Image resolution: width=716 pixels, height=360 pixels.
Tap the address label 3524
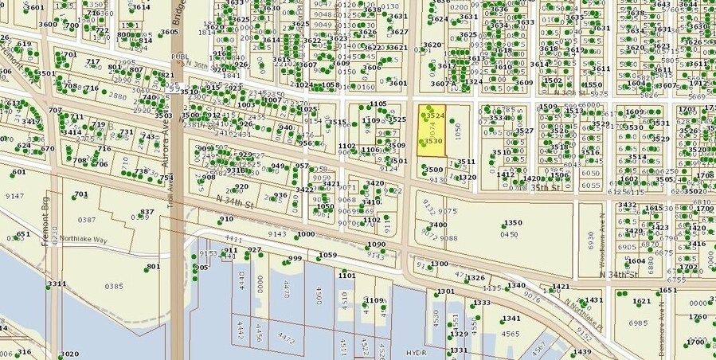coord(433,116)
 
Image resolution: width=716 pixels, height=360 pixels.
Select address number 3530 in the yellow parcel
coord(432,141)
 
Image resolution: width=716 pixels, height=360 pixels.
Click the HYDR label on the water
coord(417,350)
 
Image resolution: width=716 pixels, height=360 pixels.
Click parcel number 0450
coord(509,234)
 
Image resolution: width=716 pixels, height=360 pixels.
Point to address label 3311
coord(57,284)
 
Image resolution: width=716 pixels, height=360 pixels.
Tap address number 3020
coord(69,354)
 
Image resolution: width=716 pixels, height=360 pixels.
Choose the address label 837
coord(147,213)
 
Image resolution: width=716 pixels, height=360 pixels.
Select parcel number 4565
coord(511,335)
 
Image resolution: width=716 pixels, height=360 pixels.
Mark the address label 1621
coord(642,301)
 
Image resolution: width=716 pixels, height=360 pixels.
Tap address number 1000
coord(306,234)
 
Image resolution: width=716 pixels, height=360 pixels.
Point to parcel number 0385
coord(114,286)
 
